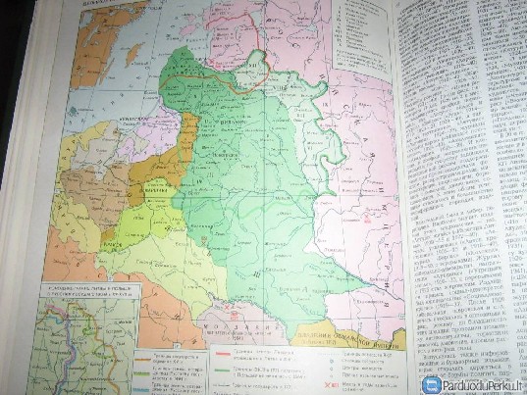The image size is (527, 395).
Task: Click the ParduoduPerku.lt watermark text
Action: point(483,384)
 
